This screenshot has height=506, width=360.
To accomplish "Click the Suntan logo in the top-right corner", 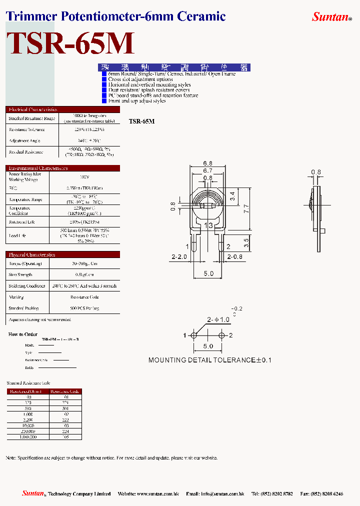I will [x=331, y=17].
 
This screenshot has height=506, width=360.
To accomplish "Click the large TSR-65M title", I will [x=70, y=44].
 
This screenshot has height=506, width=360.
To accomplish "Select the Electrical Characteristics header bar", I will [x=63, y=109].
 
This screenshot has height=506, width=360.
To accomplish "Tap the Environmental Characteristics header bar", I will [x=63, y=168].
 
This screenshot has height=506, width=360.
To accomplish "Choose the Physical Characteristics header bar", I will [x=63, y=254].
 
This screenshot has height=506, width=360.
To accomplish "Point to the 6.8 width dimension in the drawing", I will [x=208, y=163].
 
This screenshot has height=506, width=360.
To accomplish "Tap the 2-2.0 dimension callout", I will [x=179, y=256].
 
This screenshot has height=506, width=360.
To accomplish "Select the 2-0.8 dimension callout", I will [x=235, y=256].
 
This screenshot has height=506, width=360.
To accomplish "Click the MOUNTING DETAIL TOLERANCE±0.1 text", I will [x=209, y=360].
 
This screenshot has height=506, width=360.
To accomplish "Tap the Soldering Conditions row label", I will [x=27, y=286].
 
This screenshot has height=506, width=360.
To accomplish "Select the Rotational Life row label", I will [x=22, y=221].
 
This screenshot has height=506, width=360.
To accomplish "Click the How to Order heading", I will [x=23, y=334].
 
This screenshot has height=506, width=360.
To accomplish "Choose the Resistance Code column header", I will [x=64, y=391].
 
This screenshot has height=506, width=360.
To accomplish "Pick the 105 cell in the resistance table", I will [x=64, y=437].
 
